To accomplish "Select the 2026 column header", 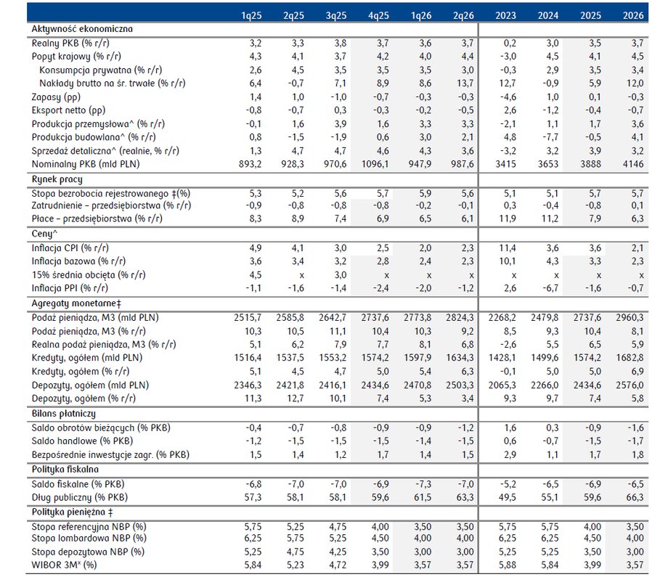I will tap(632, 15).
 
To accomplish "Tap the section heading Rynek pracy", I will tap(57, 179).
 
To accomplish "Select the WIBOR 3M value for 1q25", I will tap(253, 565).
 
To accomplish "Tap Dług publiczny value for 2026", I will tap(632, 496).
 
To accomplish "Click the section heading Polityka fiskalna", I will tap(65, 469).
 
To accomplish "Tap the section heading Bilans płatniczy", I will tap(63, 412).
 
